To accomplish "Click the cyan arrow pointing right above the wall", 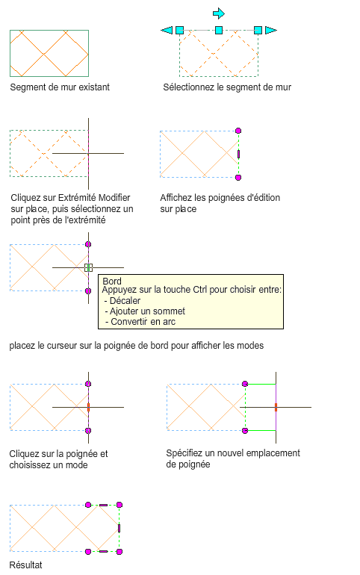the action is [219, 13].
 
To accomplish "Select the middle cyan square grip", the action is [219, 30].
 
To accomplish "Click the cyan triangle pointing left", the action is [167, 30].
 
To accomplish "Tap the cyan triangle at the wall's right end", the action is [271, 30].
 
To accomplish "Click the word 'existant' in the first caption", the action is [94, 87].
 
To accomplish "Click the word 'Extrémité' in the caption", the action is [77, 198].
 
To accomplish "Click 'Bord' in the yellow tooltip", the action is [112, 282].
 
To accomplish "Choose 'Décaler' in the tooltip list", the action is [125, 301].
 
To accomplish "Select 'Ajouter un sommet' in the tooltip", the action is [147, 311].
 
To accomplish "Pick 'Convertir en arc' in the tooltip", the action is [143, 322].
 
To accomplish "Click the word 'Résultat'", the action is [25, 565].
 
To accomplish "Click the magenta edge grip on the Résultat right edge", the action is [120, 528].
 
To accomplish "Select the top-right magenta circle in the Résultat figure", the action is [120, 505].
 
